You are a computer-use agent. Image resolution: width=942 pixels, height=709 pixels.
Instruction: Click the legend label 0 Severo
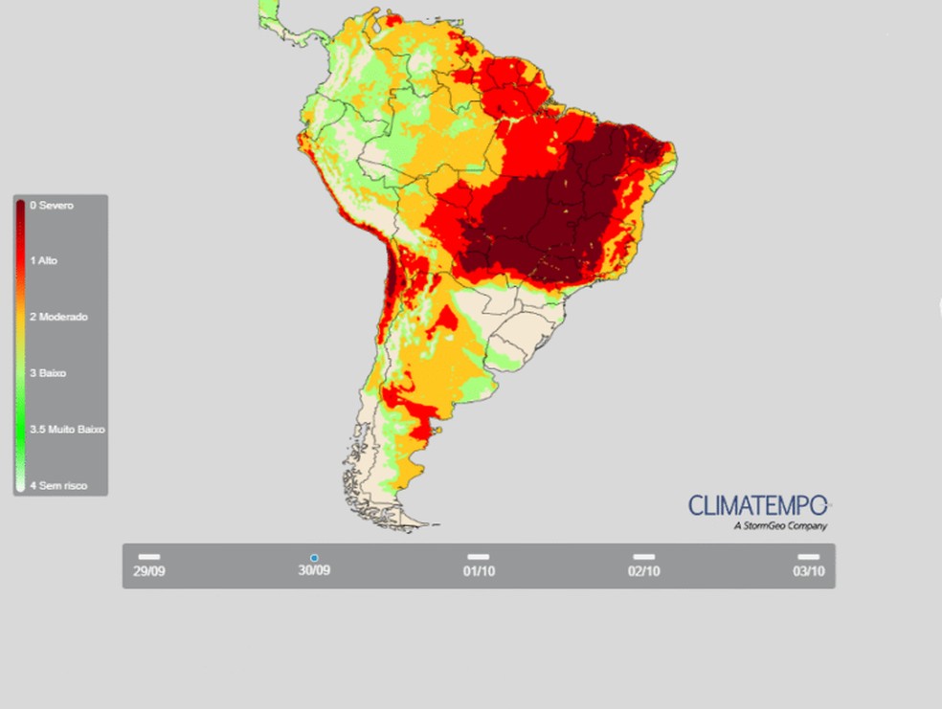coord(52,206)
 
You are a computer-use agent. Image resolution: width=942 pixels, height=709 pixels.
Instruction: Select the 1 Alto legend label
coord(44,260)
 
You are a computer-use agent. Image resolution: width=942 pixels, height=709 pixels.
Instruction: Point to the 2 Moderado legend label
coord(59,317)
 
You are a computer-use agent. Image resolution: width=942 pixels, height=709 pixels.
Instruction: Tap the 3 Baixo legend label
coord(48,372)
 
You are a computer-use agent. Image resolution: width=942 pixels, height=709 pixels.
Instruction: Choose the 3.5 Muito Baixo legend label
coord(67,430)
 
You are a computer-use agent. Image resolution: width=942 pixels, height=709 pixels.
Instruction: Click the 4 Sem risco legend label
coord(58,486)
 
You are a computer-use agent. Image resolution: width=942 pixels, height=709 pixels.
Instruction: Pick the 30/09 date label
coord(314,571)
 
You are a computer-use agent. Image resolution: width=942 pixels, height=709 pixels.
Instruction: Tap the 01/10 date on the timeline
coord(479,571)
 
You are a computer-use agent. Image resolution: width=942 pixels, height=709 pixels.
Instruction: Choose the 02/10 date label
coord(643,571)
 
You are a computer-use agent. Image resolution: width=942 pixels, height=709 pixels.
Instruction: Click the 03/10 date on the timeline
coord(808,571)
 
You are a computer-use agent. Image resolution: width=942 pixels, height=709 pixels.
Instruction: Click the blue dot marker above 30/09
coord(314,557)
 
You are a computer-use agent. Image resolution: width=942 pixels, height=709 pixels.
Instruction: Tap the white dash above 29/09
coord(148,556)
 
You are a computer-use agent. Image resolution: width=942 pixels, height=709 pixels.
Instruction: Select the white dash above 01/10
coord(479,556)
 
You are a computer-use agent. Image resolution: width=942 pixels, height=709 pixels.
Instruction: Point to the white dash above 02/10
coord(643,556)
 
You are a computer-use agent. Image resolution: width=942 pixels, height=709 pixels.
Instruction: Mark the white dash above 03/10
coord(808,556)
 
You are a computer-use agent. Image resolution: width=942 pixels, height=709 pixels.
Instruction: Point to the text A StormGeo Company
coord(780,525)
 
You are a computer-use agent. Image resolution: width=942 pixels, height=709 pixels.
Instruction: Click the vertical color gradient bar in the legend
coord(20,345)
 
